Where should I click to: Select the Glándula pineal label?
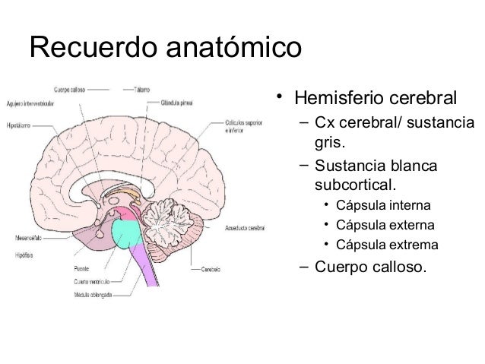(176, 100)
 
